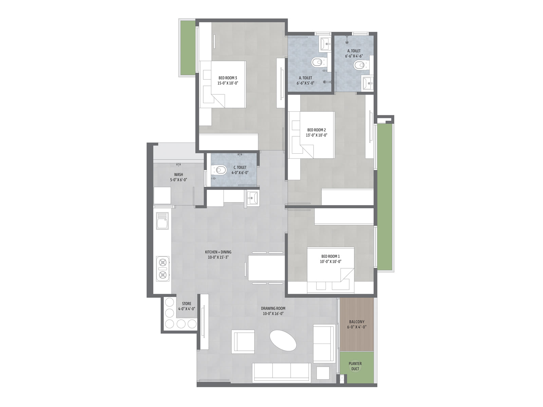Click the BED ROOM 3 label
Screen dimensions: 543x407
pyautogui.click(x=228, y=78)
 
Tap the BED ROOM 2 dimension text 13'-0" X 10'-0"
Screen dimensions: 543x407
pyautogui.click(x=316, y=135)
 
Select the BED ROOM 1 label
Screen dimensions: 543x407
pyautogui.click(x=331, y=256)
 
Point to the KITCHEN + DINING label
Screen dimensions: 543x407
pyautogui.click(x=218, y=252)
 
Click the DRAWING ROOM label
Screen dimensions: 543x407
pyautogui.click(x=273, y=308)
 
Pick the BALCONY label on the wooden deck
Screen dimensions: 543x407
pyautogui.click(x=357, y=322)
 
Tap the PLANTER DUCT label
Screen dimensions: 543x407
pyautogui.click(x=355, y=366)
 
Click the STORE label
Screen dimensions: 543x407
pyautogui.click(x=187, y=304)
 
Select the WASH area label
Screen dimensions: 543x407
pyautogui.click(x=179, y=174)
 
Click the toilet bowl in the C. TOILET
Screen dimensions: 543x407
pyautogui.click(x=220, y=170)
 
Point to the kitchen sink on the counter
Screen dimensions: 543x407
pyautogui.click(x=162, y=221)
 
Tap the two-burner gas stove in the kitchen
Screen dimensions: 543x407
pyautogui.click(x=163, y=269)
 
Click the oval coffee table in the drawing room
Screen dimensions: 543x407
pyautogui.click(x=283, y=341)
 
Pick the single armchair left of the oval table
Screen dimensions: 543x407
pyautogui.click(x=243, y=342)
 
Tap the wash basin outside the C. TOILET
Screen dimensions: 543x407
pyautogui.click(x=252, y=198)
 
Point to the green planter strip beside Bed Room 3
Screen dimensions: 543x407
pyautogui.click(x=188, y=48)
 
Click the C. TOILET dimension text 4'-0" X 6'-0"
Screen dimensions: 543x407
pyautogui.click(x=240, y=173)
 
